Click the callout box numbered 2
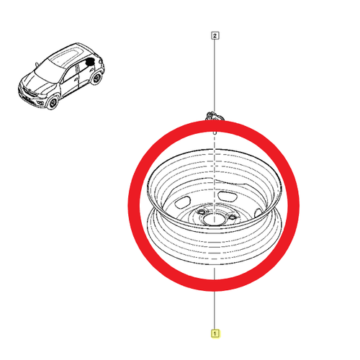point(215,36)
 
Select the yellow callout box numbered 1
point(215,333)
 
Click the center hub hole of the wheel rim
point(210,219)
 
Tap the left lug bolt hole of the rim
point(200,212)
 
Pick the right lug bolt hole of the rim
point(232,217)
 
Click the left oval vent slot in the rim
point(183,202)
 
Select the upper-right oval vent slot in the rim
point(228,196)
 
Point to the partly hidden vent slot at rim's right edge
point(258,212)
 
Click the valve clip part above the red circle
point(215,116)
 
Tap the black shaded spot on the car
point(90,62)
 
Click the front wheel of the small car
point(53,102)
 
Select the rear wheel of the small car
point(96,77)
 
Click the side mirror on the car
point(37,64)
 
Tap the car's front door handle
point(76,79)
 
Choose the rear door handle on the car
point(91,70)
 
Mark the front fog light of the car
point(40,104)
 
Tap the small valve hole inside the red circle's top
point(215,132)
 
